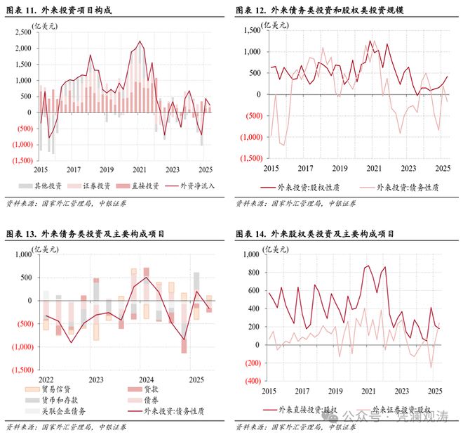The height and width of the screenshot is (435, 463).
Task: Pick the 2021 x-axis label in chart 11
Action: (x=139, y=169)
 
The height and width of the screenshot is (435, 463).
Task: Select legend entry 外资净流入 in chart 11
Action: (x=188, y=187)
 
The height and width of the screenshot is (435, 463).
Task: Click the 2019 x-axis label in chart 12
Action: (x=339, y=169)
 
